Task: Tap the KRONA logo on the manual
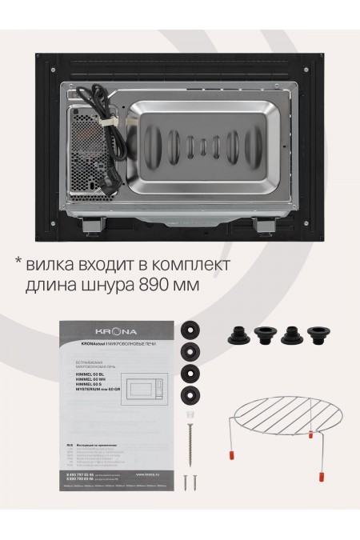(x=118, y=330)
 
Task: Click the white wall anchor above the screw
(x=191, y=417)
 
